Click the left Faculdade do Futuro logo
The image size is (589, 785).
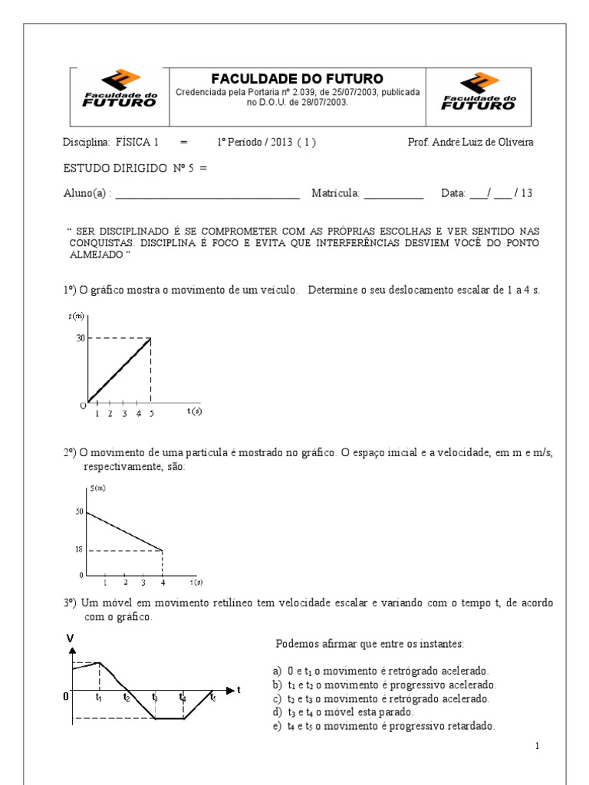point(119,90)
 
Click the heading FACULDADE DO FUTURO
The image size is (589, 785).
point(297,79)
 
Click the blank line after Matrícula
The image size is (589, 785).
point(393,195)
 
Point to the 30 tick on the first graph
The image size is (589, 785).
point(80,338)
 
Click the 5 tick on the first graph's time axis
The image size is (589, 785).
point(150,413)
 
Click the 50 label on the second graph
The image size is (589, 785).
point(79,511)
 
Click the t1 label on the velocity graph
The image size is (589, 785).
point(99,698)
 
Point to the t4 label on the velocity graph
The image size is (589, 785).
point(183,698)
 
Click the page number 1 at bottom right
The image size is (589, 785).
point(538,745)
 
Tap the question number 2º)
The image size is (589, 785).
point(70,453)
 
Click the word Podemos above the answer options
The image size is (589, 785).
point(296,642)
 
